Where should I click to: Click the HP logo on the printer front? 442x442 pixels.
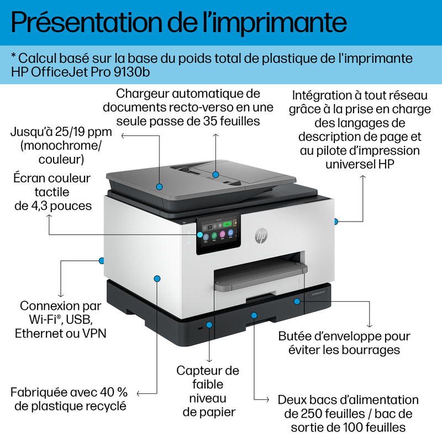(x=261, y=236)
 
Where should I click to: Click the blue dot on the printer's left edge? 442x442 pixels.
(x=101, y=260)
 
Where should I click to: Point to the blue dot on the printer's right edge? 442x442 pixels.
(x=335, y=221)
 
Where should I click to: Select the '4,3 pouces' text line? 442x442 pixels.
(x=52, y=206)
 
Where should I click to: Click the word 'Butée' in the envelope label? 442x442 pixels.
(x=296, y=336)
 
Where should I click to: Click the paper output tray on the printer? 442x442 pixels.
(x=260, y=273)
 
